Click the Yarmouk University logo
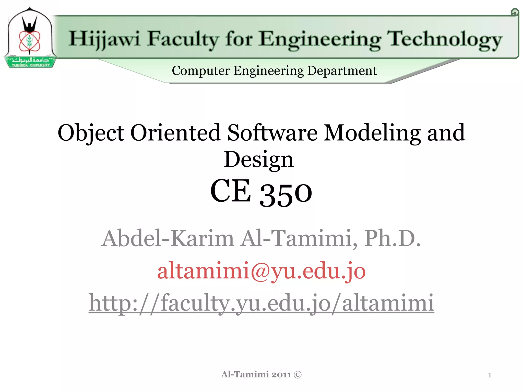coord(30,38)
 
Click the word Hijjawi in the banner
coord(105,39)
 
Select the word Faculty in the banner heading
coord(183,39)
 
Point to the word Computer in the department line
coord(201,71)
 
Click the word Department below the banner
coord(342,71)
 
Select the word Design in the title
coord(259,160)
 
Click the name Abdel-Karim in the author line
coord(168,238)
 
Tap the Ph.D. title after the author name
coord(392,238)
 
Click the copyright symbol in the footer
coord(298,375)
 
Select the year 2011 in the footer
coord(281,375)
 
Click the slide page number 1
coord(490,375)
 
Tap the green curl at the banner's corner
coord(515,12)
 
